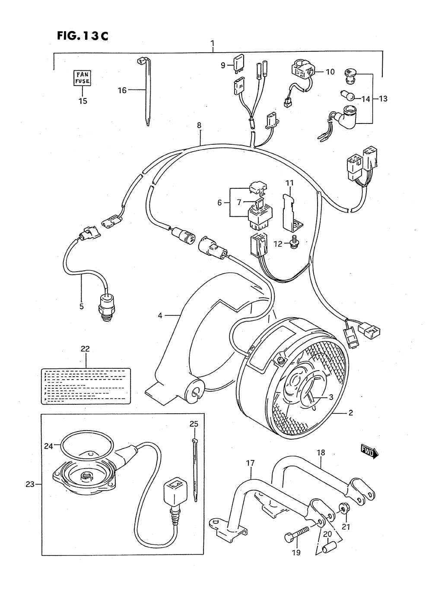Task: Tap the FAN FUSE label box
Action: pyautogui.click(x=82, y=78)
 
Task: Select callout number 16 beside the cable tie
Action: pyautogui.click(x=122, y=90)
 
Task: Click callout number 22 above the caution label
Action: pyautogui.click(x=85, y=349)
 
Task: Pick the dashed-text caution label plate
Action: pyautogui.click(x=86, y=386)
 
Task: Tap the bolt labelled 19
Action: pyautogui.click(x=298, y=533)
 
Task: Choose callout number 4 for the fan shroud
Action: pyautogui.click(x=160, y=316)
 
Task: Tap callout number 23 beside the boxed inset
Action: pyautogui.click(x=29, y=484)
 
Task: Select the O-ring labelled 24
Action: pyautogui.click(x=86, y=445)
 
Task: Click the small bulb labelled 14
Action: pyautogui.click(x=349, y=95)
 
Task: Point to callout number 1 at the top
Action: pyautogui.click(x=213, y=43)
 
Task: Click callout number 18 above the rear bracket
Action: pyautogui.click(x=321, y=453)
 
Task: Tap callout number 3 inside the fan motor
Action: pyautogui.click(x=330, y=397)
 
